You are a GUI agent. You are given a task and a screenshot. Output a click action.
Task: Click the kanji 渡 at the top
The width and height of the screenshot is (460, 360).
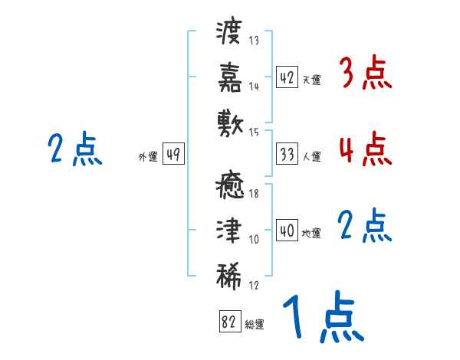click(228, 32)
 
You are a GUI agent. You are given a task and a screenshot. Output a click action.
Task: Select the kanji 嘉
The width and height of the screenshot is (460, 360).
click(230, 77)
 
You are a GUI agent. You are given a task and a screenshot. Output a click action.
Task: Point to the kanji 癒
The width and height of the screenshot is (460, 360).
click(230, 185)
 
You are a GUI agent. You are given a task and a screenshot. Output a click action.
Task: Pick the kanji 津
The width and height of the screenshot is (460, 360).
click(229, 230)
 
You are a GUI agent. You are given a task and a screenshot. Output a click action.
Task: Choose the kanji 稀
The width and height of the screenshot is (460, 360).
click(229, 277)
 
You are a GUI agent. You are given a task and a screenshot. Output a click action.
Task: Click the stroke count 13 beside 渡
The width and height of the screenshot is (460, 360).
click(254, 40)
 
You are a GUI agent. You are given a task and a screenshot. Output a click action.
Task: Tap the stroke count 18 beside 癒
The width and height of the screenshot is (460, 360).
click(254, 194)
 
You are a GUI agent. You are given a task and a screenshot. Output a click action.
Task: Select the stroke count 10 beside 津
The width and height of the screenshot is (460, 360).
click(254, 240)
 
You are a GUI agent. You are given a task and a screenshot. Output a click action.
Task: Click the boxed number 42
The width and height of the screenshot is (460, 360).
click(287, 77)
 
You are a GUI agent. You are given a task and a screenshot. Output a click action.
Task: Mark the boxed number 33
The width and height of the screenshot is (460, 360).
click(287, 154)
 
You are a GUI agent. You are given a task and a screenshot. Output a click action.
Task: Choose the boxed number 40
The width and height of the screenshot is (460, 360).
click(287, 231)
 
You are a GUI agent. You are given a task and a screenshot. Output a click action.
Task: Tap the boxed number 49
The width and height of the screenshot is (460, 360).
click(173, 154)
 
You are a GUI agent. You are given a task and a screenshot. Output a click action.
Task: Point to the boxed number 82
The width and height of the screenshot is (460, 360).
click(230, 321)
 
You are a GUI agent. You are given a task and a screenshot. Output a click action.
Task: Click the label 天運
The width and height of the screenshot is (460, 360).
click(312, 80)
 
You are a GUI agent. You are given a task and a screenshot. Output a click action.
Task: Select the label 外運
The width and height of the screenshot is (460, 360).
click(148, 156)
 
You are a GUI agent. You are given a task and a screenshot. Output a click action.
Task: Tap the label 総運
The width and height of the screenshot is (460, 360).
click(255, 324)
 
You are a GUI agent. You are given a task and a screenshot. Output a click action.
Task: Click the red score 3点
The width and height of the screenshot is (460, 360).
click(365, 73)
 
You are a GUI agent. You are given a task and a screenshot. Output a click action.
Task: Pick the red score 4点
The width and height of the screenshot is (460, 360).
click(365, 149)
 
